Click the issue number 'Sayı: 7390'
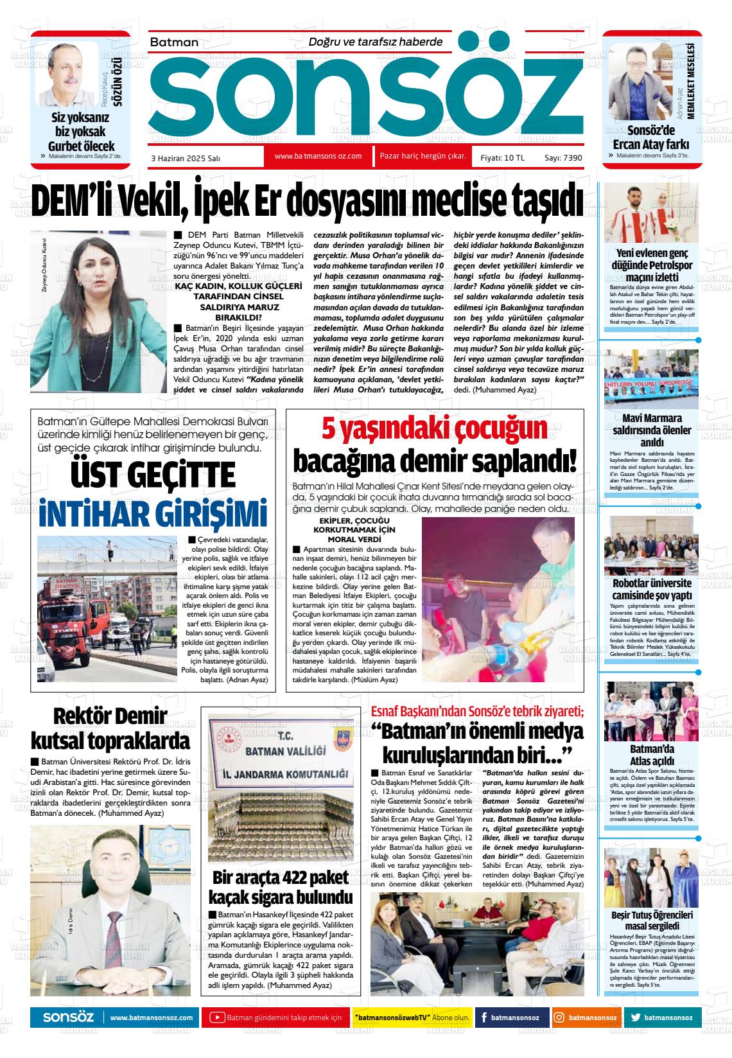tap(562, 157)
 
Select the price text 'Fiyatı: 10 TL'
tap(502, 157)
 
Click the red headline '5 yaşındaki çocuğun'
tap(434, 428)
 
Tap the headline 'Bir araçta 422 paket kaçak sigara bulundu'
tap(281, 886)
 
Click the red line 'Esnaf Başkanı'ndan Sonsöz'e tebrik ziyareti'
tap(477, 712)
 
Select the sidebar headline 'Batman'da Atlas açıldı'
tap(651, 755)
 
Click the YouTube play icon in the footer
tap(217, 1018)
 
